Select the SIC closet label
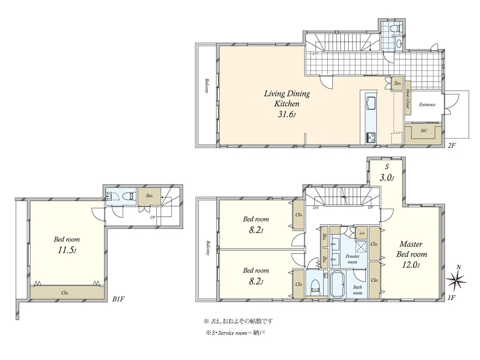point(424,131)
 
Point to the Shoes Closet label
point(408,98)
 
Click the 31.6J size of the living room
point(287,115)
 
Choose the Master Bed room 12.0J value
point(411,265)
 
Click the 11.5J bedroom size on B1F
point(67,250)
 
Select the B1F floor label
point(118,299)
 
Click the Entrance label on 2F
point(427,105)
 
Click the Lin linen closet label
point(362,233)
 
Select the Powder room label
point(352,259)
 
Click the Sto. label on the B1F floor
point(150,196)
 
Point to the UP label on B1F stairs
point(153,218)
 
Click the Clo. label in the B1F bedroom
point(65,293)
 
